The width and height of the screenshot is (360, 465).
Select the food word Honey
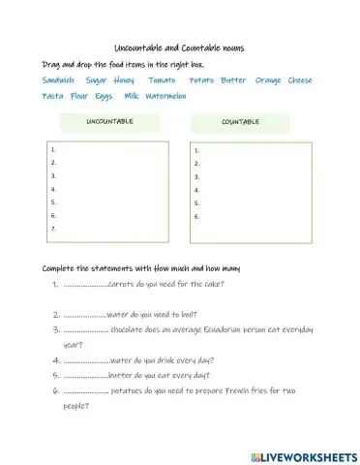(123, 80)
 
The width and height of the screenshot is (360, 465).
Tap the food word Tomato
(162, 80)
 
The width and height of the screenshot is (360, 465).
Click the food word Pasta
(52, 96)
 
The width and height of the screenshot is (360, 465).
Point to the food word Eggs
(104, 96)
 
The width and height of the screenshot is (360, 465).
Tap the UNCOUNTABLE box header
(109, 122)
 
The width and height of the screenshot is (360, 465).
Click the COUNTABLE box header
(240, 123)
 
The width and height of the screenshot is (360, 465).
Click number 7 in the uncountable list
(52, 230)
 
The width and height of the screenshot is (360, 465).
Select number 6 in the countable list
(196, 217)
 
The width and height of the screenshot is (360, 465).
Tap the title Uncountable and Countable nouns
(179, 47)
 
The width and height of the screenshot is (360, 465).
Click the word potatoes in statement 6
(131, 390)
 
